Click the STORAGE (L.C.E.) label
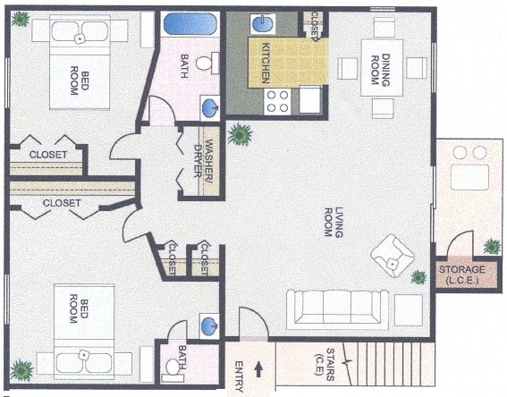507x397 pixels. pos(461,275)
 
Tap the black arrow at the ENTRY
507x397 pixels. pos(260,367)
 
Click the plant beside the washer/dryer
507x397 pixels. pos(239,135)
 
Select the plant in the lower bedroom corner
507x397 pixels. pos(21,367)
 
